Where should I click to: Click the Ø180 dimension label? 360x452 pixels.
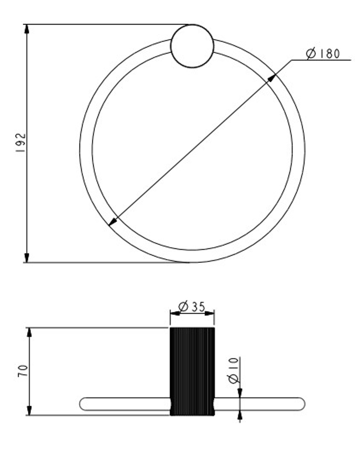click(x=323, y=53)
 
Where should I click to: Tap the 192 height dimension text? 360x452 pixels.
click(x=21, y=143)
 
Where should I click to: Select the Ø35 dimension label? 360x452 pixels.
click(x=192, y=307)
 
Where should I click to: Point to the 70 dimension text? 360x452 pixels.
click(x=23, y=371)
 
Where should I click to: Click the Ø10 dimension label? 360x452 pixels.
click(x=234, y=370)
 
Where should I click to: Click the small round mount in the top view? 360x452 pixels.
click(x=192, y=46)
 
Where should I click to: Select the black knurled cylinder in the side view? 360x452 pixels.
click(x=192, y=371)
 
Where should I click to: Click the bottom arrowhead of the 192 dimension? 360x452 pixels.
click(x=27, y=257)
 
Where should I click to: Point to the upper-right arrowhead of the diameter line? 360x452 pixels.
click(x=272, y=78)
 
